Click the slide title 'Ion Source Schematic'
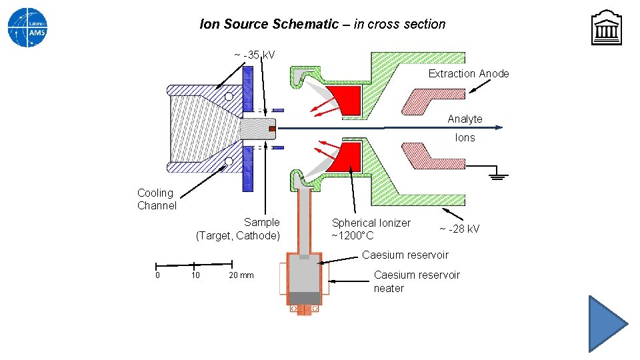tap(323, 24)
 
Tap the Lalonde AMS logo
tap(28, 28)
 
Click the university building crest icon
tap(606, 28)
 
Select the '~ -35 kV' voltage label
tap(254, 54)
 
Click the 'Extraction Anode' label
tap(468, 73)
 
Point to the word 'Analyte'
tap(465, 119)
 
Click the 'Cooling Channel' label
tap(157, 199)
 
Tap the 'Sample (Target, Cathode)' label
tap(239, 229)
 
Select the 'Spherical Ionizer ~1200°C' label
tap(371, 229)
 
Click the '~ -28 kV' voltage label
tap(459, 229)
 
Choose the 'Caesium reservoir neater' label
tap(417, 281)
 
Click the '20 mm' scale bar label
tap(241, 275)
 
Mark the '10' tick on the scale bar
tap(195, 275)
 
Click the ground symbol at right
tap(497, 175)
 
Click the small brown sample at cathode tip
tap(271, 127)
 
